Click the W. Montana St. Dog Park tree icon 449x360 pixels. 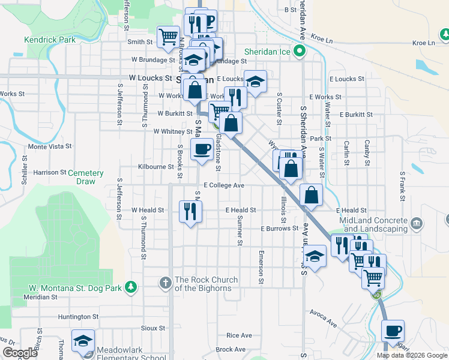[x=130, y=287]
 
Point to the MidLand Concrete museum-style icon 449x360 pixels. [x=417, y=224]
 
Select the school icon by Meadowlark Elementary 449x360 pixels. [x=83, y=340]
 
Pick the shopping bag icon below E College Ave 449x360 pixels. [x=312, y=194]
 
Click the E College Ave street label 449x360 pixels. [x=223, y=185]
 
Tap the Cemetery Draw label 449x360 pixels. [x=85, y=177]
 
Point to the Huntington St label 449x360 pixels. [x=79, y=316]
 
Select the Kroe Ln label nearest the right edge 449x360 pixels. [x=424, y=43]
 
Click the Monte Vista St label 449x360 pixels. [x=50, y=146]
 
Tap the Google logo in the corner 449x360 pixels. [x=20, y=353]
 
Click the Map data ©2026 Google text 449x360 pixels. [x=412, y=355]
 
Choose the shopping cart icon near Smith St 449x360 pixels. [x=168, y=36]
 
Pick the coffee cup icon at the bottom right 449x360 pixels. [x=393, y=331]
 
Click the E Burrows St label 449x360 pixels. [x=279, y=229]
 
